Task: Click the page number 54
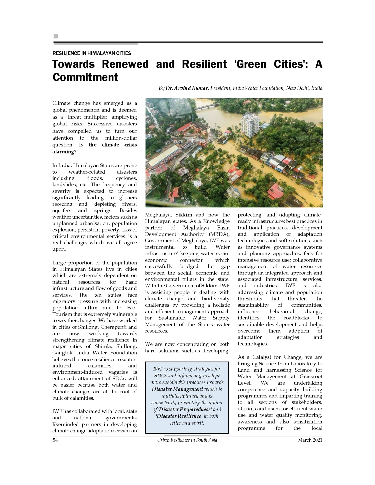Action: (55, 440)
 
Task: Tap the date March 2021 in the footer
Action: (310, 440)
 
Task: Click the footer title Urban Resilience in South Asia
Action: (187, 440)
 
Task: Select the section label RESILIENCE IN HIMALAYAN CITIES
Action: (92, 53)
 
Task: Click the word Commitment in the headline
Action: (85, 77)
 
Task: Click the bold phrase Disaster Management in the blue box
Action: (177, 389)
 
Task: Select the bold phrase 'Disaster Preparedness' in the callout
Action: (185, 409)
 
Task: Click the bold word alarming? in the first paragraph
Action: (65, 152)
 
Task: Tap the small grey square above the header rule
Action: (56, 36)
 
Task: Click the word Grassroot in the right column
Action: (311, 376)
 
